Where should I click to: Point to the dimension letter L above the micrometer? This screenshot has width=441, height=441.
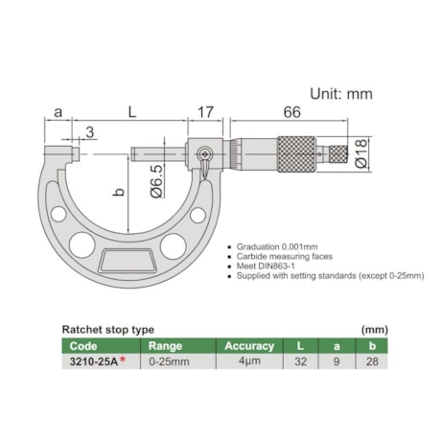(132, 113)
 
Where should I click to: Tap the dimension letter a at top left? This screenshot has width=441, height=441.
(58, 113)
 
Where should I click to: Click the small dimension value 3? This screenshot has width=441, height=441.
(89, 132)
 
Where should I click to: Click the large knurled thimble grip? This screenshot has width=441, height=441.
(297, 154)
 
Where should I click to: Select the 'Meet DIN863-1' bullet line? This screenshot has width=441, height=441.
(267, 267)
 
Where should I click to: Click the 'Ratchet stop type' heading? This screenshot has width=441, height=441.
(108, 327)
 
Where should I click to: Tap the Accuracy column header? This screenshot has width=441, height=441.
(249, 345)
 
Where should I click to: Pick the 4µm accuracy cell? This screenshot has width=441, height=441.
(249, 361)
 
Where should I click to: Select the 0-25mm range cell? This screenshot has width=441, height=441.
(168, 361)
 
